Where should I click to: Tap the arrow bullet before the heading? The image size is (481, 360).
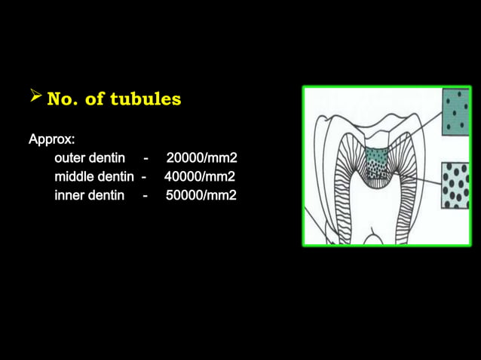point(35,96)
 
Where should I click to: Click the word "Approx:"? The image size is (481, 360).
point(51,139)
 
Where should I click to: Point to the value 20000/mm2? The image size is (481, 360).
point(201,158)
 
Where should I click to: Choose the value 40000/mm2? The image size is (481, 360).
point(200,177)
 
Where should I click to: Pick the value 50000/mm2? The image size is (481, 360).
point(201,196)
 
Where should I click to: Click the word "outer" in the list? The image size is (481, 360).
point(70,158)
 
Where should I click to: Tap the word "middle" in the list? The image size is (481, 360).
point(75,177)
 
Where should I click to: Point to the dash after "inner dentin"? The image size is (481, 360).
point(145,196)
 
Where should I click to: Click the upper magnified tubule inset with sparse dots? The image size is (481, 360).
point(455,112)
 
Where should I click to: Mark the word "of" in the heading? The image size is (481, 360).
point(95,99)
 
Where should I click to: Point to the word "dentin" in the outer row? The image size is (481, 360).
point(107,158)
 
